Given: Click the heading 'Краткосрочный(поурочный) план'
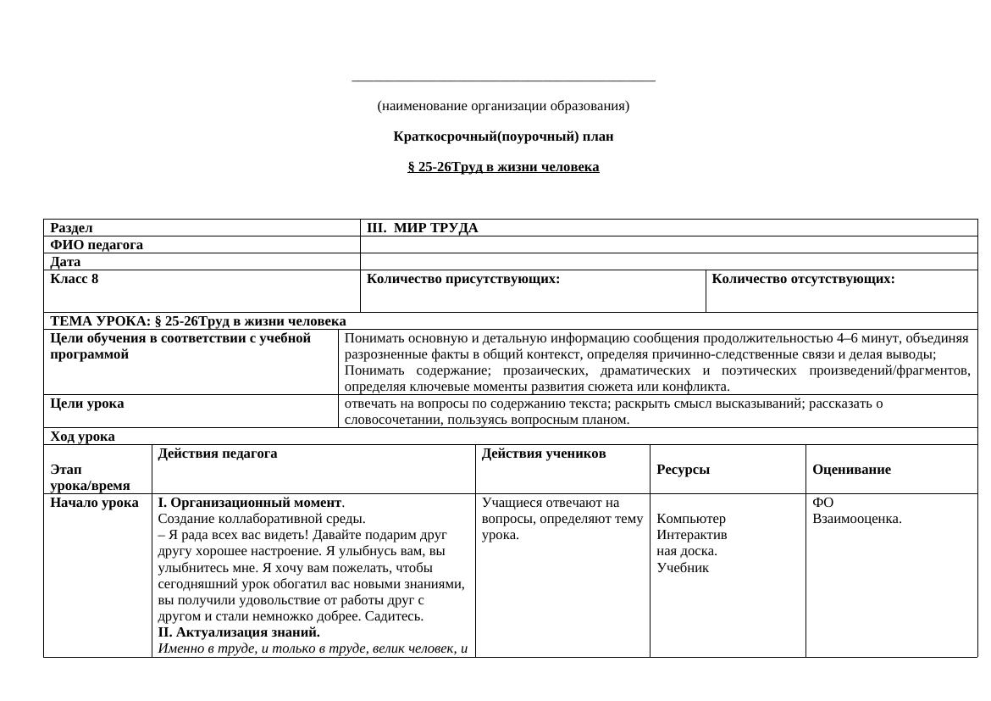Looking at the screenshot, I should [503, 136].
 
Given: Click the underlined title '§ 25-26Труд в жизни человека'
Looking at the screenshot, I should [503, 167].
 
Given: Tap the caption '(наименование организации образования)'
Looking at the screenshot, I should [503, 106].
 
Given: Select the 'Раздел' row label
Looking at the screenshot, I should [72, 228].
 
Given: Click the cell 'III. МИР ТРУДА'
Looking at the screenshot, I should [422, 228].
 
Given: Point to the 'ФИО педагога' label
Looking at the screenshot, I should [97, 245].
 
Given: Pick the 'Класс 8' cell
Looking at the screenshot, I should [75, 279].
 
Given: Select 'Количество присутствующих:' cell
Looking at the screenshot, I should [463, 279].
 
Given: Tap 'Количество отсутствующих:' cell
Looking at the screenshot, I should [803, 279].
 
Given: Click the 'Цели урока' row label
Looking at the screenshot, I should [87, 403].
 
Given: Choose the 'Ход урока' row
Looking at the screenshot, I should [83, 437].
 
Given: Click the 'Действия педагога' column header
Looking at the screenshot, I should [218, 453].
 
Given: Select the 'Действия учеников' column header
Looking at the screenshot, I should [544, 453].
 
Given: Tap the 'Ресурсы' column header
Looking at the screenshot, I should [683, 470].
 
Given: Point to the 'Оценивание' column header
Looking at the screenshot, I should [851, 470].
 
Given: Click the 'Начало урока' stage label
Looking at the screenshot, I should [95, 503].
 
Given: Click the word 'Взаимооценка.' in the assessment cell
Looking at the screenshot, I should [857, 519].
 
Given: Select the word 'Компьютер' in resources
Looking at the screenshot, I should [691, 519].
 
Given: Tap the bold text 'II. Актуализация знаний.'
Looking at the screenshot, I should [239, 632].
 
